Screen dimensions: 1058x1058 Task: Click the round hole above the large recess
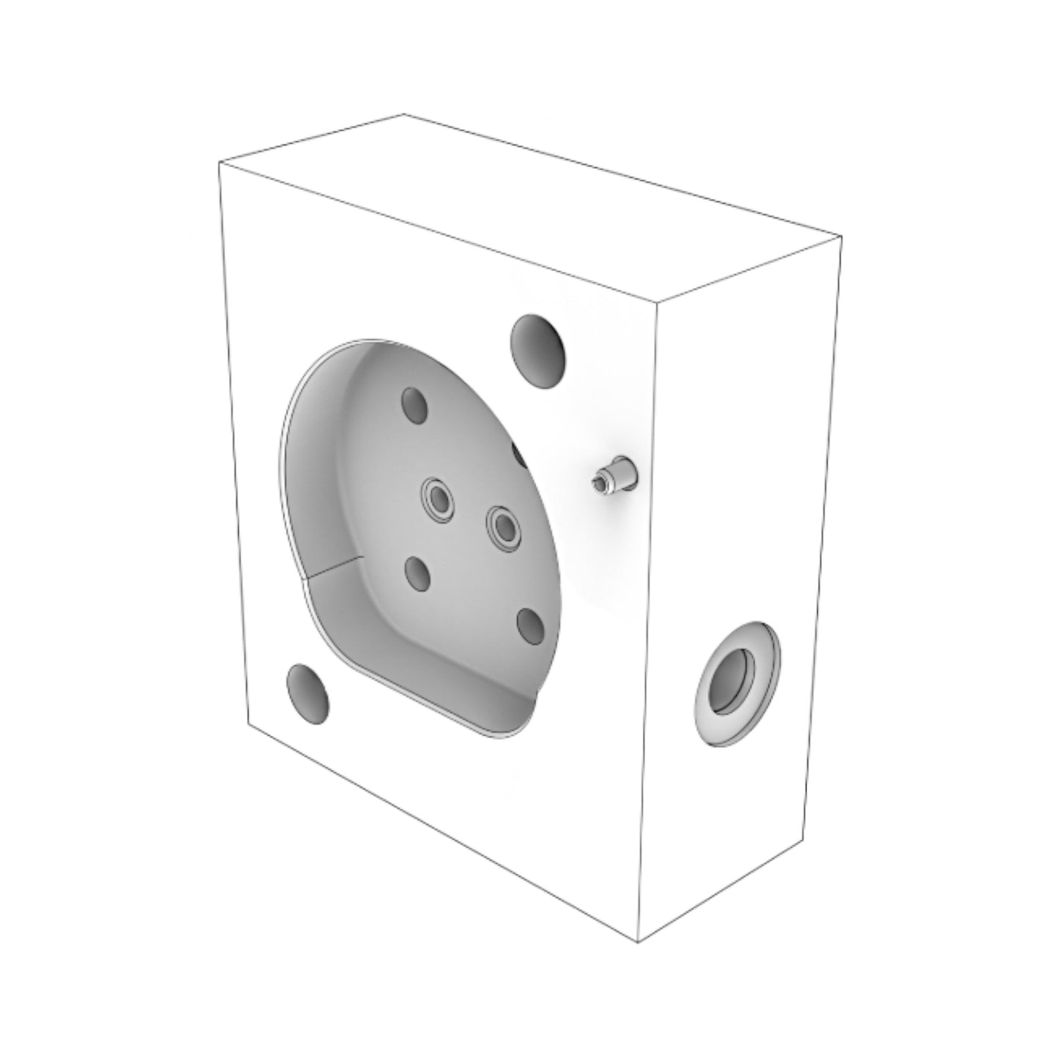539,351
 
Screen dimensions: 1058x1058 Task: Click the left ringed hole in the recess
439,501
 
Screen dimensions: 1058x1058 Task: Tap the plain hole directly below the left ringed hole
418,574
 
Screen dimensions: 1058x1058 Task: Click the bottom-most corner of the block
639,942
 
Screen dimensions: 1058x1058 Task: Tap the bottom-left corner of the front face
250,727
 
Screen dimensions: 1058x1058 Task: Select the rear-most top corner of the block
405,115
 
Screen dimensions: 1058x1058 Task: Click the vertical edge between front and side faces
647,622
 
